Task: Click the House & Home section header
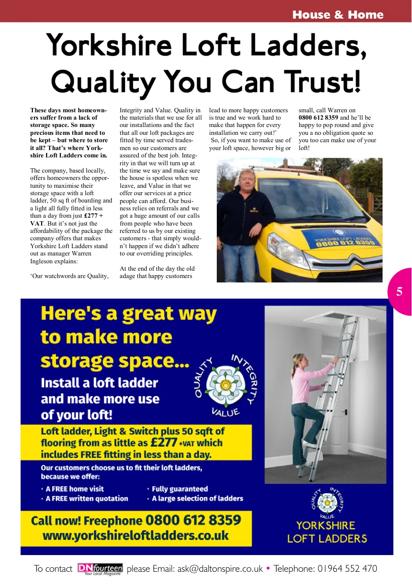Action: click(x=337, y=15)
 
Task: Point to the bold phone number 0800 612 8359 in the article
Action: click(x=318, y=118)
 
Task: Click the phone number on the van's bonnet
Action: click(x=342, y=242)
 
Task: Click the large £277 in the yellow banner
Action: click(x=163, y=442)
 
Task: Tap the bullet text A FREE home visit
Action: click(x=75, y=489)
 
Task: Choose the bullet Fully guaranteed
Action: click(x=180, y=489)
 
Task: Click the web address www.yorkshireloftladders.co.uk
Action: click(x=136, y=535)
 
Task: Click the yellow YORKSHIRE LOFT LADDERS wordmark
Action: click(x=327, y=532)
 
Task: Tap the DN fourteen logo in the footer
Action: click(x=100, y=569)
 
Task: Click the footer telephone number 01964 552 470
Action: click(x=340, y=569)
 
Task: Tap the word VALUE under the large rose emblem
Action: click(x=225, y=411)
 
